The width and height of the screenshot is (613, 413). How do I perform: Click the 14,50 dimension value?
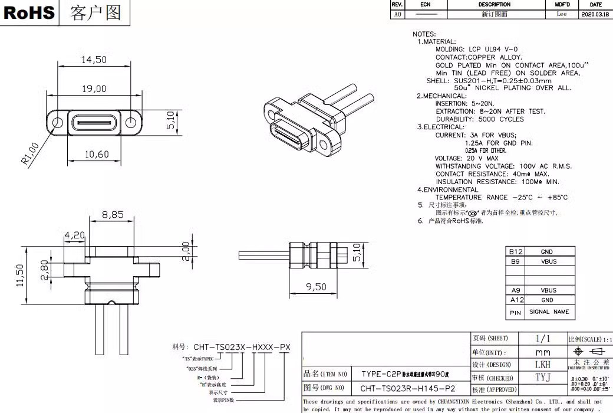[94, 60]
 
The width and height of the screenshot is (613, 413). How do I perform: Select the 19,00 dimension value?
[94, 88]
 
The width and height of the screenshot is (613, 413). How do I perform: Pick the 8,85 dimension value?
[113, 215]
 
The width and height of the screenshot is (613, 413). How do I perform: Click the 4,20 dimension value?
[74, 235]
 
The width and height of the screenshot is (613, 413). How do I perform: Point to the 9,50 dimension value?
[317, 287]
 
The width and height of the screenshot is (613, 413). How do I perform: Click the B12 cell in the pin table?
[516, 252]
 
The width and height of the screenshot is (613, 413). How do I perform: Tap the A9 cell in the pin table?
[516, 290]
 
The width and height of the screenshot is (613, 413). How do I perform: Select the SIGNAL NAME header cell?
[549, 312]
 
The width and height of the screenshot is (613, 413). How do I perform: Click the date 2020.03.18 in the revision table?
[596, 14]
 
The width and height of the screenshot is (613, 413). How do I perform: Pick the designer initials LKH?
[542, 365]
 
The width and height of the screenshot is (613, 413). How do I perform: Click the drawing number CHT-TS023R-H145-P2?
[408, 389]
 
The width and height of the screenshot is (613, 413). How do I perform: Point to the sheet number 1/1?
[542, 339]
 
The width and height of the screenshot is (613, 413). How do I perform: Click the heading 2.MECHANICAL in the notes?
[441, 96]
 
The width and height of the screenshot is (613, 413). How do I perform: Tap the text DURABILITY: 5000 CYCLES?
[479, 119]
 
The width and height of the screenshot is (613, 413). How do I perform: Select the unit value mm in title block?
[542, 352]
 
